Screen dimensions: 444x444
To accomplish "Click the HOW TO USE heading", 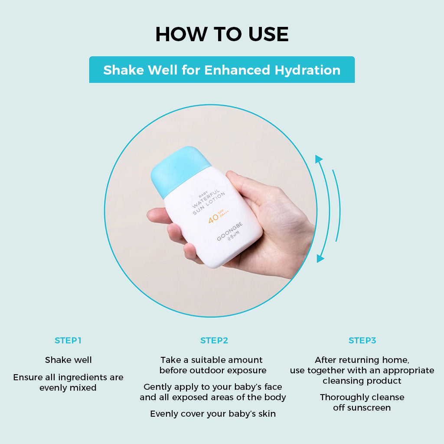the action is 222,34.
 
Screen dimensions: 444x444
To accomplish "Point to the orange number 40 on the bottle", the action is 213,219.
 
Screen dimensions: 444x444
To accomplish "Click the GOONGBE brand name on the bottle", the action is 230,231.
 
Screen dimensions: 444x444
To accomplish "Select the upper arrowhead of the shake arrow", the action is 319,159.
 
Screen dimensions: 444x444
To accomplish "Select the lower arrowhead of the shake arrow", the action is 320,258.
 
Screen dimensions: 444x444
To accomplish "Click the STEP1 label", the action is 68,340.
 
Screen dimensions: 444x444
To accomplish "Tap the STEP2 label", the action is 214,340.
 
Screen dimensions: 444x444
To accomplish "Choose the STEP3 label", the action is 362,340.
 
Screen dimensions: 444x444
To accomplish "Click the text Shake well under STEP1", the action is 68,360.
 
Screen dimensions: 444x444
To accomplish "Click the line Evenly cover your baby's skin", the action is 213,414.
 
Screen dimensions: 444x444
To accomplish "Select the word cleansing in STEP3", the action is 342,381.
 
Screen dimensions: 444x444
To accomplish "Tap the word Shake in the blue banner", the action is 124,70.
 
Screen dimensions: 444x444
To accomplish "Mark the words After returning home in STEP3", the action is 362,360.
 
